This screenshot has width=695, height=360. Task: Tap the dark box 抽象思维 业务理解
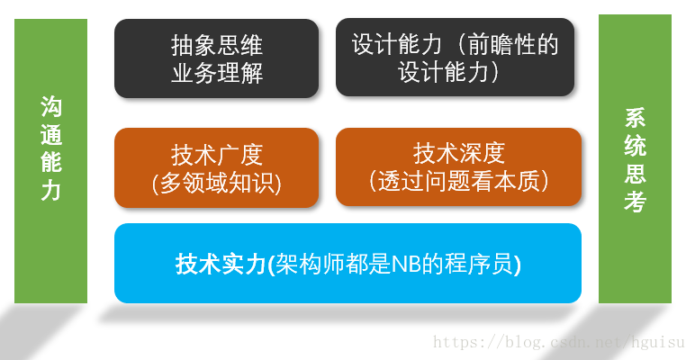216,58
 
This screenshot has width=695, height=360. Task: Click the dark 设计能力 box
455,58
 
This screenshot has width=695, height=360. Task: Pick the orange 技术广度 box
216,167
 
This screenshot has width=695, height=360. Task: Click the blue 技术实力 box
347,263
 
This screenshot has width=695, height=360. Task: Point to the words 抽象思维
216,45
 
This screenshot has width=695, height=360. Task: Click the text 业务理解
216,72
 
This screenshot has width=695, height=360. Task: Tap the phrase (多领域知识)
216,183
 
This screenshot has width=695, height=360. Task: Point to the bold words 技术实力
220,264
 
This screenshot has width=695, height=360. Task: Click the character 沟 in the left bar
50,107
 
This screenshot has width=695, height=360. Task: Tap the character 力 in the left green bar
50,190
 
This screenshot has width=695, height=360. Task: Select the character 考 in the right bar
635,202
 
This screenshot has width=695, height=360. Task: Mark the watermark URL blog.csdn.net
558,343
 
